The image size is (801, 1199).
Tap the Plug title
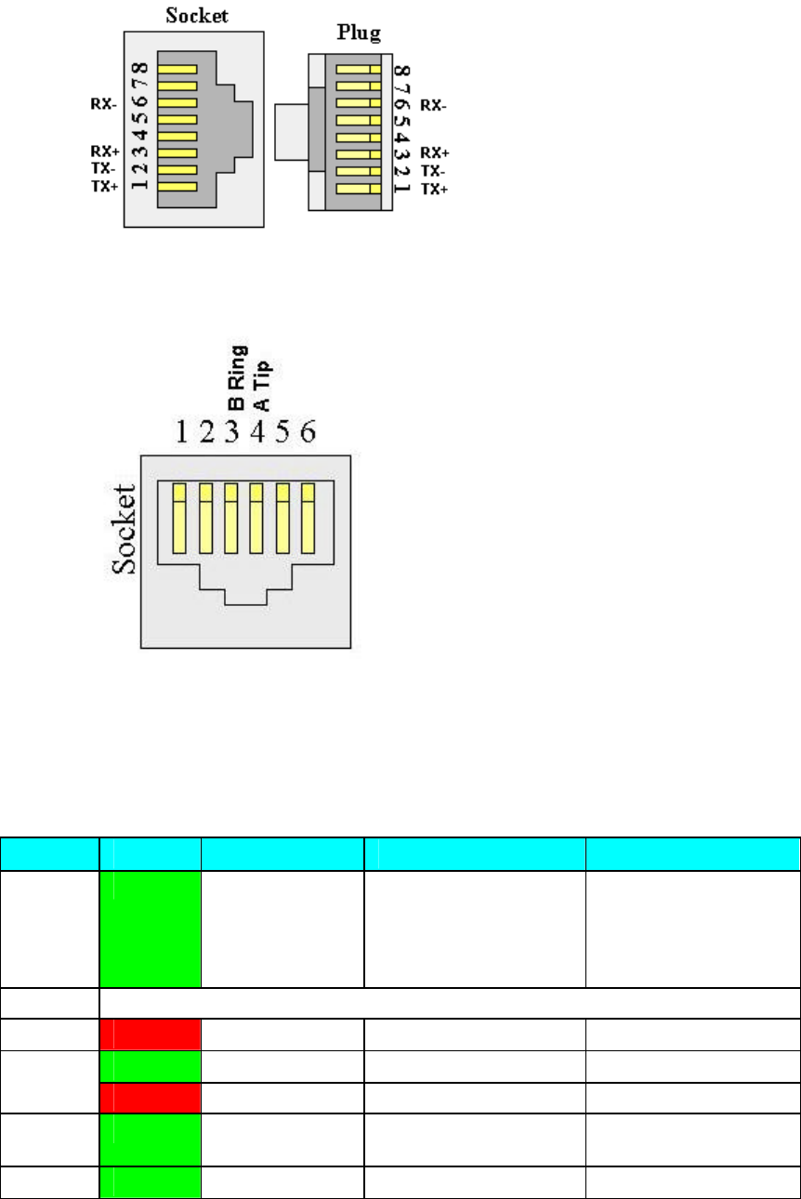pos(358,34)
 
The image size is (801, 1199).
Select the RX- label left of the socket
pos(102,104)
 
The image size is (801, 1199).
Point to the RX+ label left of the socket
pos(102,152)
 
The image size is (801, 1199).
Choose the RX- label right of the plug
pos(433,105)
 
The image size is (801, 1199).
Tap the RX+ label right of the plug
pos(433,152)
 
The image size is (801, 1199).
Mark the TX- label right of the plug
pos(431,170)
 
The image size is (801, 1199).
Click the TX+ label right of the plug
pos(433,188)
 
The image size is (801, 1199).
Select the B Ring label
pos(237,377)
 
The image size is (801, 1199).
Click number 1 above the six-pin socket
pos(184,431)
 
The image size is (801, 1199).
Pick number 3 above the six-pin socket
pos(233,431)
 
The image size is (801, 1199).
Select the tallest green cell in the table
pos(151,929)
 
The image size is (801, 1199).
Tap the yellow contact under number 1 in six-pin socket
pos(181,515)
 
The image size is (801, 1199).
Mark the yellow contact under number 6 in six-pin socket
pos(309,515)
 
